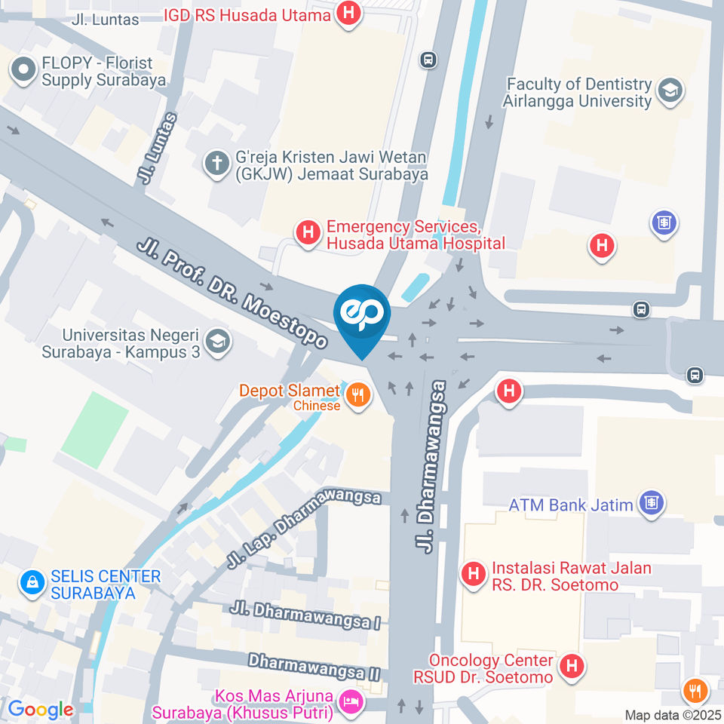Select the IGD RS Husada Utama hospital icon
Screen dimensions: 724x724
pos(348,14)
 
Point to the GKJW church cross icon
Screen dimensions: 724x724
pos(217,164)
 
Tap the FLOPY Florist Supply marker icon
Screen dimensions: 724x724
pos(23,72)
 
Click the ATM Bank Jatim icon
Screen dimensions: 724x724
pos(650,504)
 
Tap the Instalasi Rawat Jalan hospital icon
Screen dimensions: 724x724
pos(473,575)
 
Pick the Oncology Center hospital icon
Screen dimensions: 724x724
pos(572,667)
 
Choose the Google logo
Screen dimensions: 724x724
pos(40,710)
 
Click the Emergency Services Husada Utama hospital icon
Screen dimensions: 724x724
pos(308,234)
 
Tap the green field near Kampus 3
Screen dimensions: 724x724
pos(95,428)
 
